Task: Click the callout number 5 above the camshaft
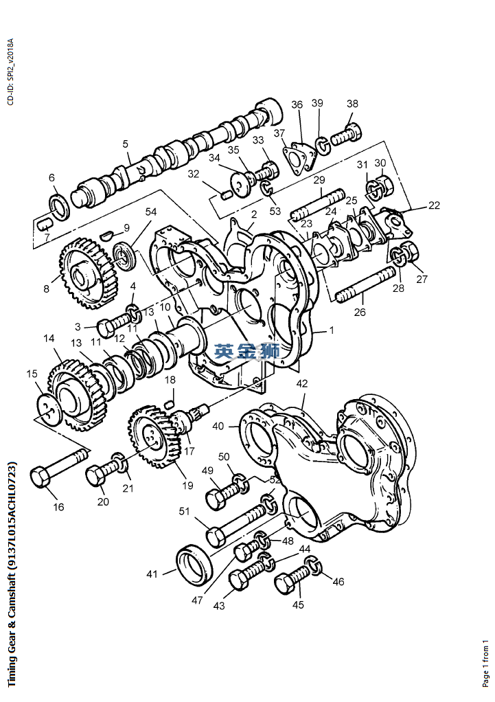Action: click(x=126, y=144)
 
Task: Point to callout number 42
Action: click(x=302, y=383)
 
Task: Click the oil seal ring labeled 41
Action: click(x=194, y=563)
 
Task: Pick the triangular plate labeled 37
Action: click(x=299, y=159)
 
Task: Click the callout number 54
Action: click(x=151, y=212)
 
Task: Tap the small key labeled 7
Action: click(x=44, y=224)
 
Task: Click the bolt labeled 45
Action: click(x=292, y=580)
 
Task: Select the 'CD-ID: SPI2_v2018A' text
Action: click(x=11, y=71)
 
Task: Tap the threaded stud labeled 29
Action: click(x=319, y=205)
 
